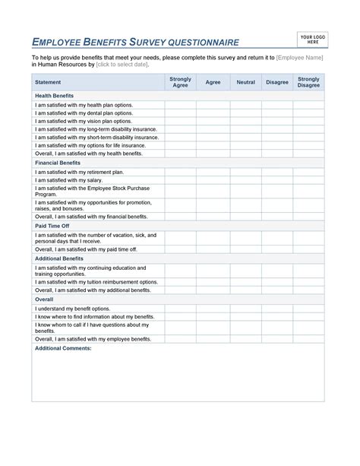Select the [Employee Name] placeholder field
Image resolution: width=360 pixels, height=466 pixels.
pyautogui.click(x=300, y=58)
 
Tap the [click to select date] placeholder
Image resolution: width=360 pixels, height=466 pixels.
pyautogui.click(x=128, y=65)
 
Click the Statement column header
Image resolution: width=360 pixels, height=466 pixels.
pyautogui.click(x=49, y=82)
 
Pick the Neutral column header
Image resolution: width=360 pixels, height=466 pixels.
pyautogui.click(x=245, y=82)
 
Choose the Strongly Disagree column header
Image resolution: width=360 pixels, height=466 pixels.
pyautogui.click(x=308, y=82)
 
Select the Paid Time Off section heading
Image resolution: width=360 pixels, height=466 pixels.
pyautogui.click(x=52, y=226)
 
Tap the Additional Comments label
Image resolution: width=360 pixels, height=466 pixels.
pyautogui.click(x=63, y=347)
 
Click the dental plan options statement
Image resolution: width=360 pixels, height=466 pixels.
pyautogui.click(x=84, y=113)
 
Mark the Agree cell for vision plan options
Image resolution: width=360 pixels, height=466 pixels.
pyautogui.click(x=213, y=121)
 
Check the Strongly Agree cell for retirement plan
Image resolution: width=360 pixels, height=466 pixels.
pyautogui.click(x=180, y=172)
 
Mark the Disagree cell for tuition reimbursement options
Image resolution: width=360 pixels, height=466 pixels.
pyautogui.click(x=277, y=281)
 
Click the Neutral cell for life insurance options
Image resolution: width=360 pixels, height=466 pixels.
pyautogui.click(x=245, y=145)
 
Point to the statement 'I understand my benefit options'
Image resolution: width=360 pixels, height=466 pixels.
pyautogui.click(x=73, y=309)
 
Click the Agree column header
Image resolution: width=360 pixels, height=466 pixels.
pyautogui.click(x=213, y=82)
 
